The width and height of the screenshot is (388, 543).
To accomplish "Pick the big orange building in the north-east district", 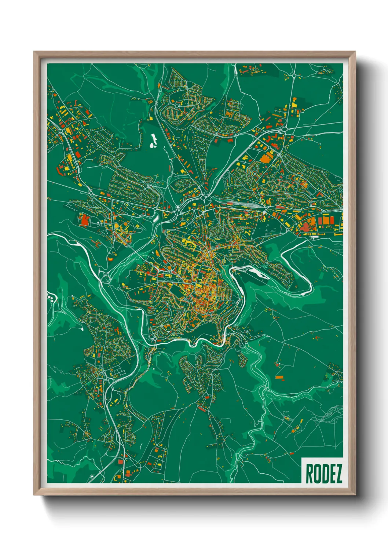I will [265, 158].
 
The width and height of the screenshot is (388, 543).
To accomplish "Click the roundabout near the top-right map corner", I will [294, 76].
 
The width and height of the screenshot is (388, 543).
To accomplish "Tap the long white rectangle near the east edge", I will [314, 237].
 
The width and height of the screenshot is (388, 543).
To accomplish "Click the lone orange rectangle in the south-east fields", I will [279, 377].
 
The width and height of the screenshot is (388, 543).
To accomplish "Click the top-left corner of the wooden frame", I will [34, 52].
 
